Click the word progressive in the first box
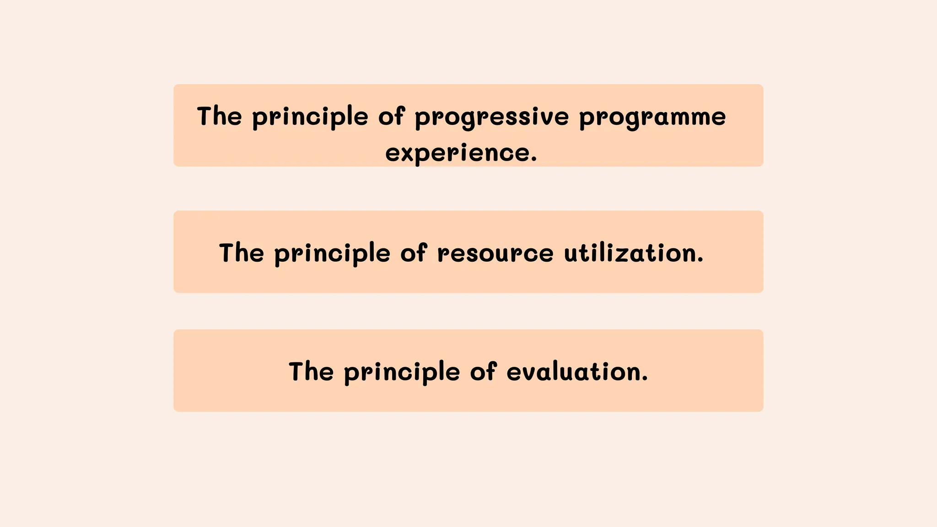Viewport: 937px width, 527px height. [x=491, y=117]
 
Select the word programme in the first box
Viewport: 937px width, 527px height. [x=652, y=117]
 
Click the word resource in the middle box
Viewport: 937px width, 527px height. [x=495, y=253]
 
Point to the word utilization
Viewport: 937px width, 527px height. [x=629, y=253]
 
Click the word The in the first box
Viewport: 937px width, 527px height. [x=219, y=116]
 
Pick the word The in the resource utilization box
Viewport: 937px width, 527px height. [x=242, y=253]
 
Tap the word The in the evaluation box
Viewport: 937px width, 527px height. [x=311, y=371]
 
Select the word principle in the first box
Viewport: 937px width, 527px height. [x=310, y=117]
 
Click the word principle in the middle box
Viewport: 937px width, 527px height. [x=332, y=254]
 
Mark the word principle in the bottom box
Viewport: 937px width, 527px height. [x=402, y=372]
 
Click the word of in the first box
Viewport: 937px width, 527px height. [x=392, y=116]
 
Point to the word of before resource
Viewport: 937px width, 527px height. [x=414, y=253]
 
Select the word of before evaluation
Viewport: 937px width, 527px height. [x=483, y=371]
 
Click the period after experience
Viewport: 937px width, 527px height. [x=533, y=160]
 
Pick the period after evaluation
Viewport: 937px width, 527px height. [x=645, y=379]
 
